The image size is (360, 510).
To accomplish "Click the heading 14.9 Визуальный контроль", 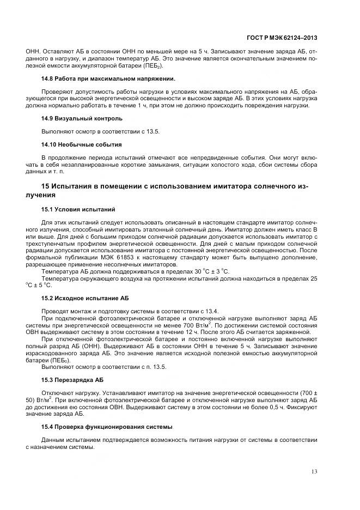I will (x=82, y=118).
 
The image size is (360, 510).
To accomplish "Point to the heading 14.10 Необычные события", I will (x=81, y=144).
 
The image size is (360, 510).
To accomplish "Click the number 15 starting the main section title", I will (x=46, y=186).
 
